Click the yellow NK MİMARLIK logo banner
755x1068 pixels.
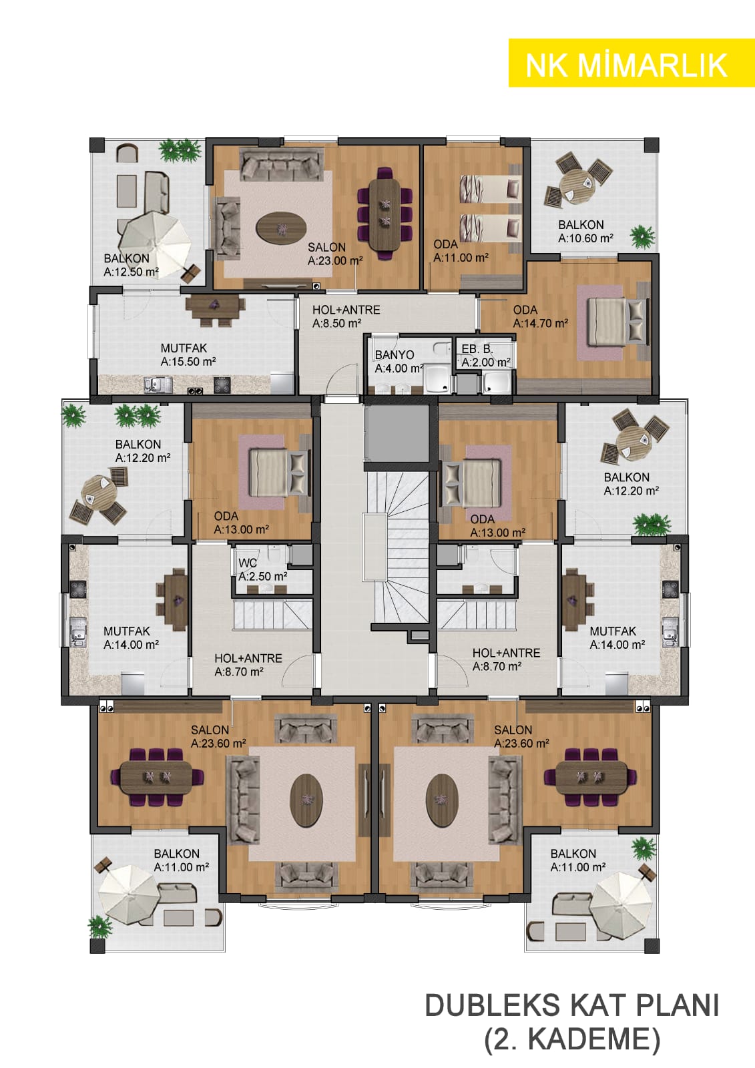632,63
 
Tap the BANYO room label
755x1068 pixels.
395,354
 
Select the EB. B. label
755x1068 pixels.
477,349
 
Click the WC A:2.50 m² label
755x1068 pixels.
262,570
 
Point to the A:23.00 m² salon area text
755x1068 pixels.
335,261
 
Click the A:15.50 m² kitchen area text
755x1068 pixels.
188,362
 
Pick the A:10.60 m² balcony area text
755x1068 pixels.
585,238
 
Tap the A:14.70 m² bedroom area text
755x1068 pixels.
540,323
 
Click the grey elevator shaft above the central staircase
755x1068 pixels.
397,433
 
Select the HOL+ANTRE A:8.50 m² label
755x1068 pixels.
346,316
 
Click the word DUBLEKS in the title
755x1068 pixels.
493,1005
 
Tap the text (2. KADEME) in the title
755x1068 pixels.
572,1040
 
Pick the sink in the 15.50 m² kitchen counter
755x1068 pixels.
158,384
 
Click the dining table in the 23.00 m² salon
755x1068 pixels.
385,213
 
